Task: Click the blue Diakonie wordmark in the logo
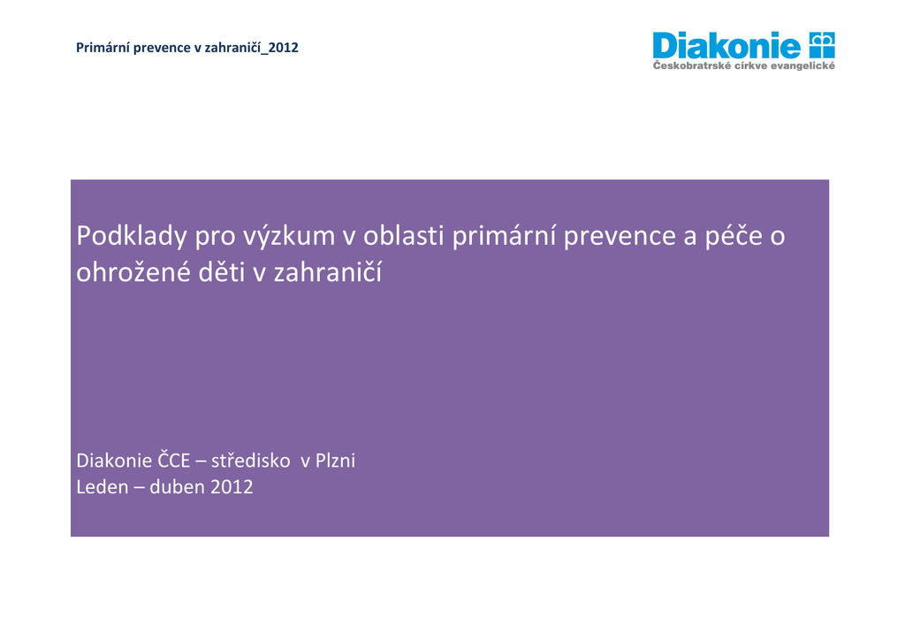[x=726, y=46]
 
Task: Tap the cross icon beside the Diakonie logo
[x=822, y=45]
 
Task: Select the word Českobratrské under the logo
[x=691, y=65]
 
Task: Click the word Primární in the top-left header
[x=99, y=48]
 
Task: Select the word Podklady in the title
[x=132, y=236]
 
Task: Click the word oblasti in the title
[x=403, y=235]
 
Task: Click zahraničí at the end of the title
[x=328, y=271]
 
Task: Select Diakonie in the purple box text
[x=114, y=461]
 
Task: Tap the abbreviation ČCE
[x=174, y=460]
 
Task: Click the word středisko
[x=250, y=461]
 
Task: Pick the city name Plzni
[x=335, y=461]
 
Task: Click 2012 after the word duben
[x=232, y=487]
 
